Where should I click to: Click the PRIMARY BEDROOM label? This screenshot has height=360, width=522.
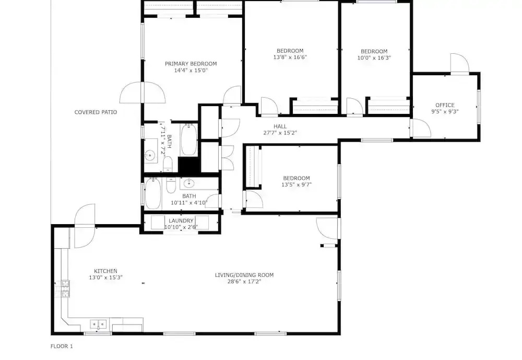tap(191, 64)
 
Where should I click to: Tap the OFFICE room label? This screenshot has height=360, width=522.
tap(445, 106)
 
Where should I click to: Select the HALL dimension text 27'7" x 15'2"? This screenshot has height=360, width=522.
tap(280, 133)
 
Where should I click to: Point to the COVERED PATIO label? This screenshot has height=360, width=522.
tap(96, 112)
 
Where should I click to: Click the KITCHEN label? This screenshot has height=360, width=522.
tap(105, 271)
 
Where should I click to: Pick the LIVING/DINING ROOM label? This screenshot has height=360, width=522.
tap(244, 275)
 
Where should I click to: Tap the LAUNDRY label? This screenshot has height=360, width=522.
tap(181, 220)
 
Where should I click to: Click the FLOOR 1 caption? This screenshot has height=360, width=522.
tap(62, 346)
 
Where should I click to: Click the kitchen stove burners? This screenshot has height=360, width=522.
tap(65, 288)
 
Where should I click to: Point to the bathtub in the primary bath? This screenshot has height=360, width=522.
tap(189, 140)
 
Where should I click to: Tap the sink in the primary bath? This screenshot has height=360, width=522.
tap(150, 155)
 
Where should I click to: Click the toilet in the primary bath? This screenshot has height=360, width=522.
tap(168, 164)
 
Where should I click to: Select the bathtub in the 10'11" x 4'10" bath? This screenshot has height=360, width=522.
tap(153, 193)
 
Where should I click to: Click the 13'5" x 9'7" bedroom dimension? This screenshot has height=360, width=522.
tap(296, 184)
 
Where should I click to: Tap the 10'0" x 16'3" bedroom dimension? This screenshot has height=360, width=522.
tap(374, 57)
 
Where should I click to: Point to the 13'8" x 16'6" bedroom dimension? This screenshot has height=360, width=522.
tap(290, 57)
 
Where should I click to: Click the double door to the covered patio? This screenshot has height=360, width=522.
tap(143, 92)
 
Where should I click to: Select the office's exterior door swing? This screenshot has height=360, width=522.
tap(460, 63)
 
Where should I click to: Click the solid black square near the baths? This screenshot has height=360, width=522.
tap(189, 165)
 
